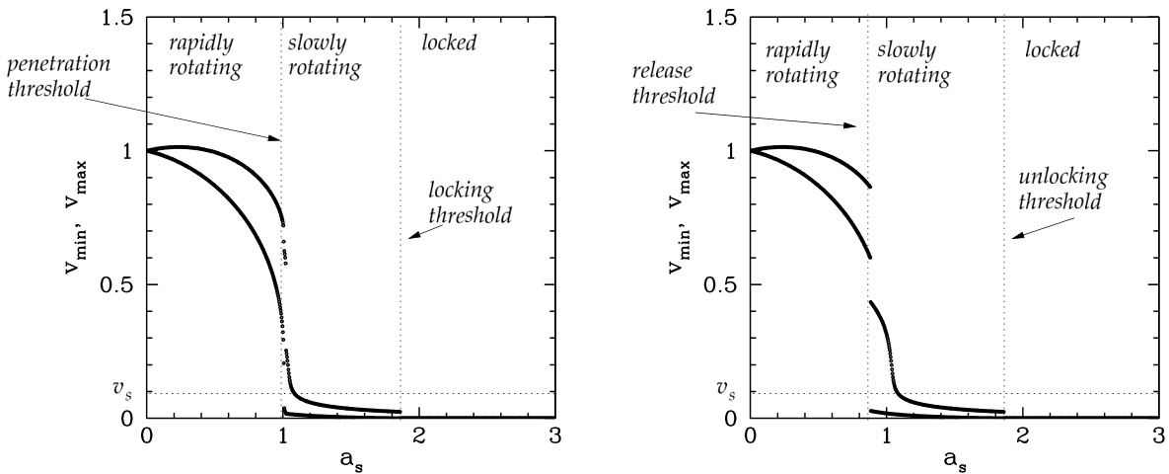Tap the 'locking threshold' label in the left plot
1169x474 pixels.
[x=462, y=201]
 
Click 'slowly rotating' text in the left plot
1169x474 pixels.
[x=325, y=57]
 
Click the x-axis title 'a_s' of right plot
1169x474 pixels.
[x=953, y=460]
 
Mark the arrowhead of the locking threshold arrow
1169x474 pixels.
[x=407, y=238]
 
